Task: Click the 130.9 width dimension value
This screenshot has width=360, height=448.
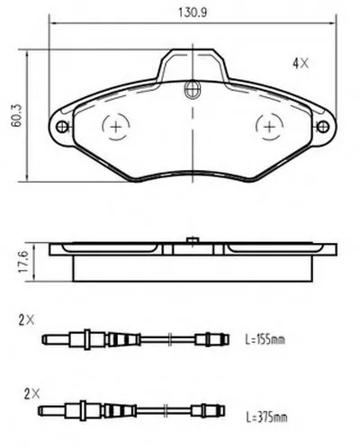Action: coord(193,13)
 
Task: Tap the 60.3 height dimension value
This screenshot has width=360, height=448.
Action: coord(17,115)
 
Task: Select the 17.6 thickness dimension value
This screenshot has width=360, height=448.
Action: coord(23,262)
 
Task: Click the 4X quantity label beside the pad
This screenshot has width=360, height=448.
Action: coord(301,63)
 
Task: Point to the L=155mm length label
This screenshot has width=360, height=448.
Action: coord(265,340)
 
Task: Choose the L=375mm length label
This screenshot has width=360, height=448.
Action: coord(266,417)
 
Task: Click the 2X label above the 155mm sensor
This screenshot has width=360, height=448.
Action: coord(26,320)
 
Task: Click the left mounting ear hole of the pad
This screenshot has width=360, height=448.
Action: coord(62,127)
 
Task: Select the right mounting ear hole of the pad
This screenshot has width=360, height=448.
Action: coord(323,127)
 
